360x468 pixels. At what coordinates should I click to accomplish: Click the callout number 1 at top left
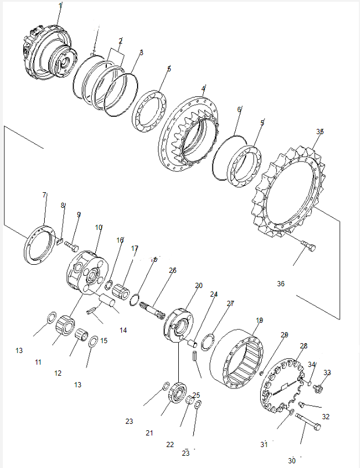pyautogui.click(x=61, y=5)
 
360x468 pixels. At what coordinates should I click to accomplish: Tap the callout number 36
pyautogui.click(x=280, y=284)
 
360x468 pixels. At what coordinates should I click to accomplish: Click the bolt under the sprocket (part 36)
pyautogui.click(x=309, y=248)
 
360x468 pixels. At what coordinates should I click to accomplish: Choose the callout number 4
pyautogui.click(x=203, y=89)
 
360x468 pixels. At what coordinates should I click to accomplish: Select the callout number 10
pyautogui.click(x=99, y=227)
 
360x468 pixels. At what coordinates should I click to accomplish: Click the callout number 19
pyautogui.click(x=260, y=320)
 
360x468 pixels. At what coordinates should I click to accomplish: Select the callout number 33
pyautogui.click(x=327, y=373)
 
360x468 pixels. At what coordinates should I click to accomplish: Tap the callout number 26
pyautogui.click(x=172, y=271)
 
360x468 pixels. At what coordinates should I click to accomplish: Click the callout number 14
pyautogui.click(x=123, y=330)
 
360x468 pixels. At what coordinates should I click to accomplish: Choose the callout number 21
pyautogui.click(x=149, y=433)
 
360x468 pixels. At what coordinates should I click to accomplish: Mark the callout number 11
pyautogui.click(x=38, y=362)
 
